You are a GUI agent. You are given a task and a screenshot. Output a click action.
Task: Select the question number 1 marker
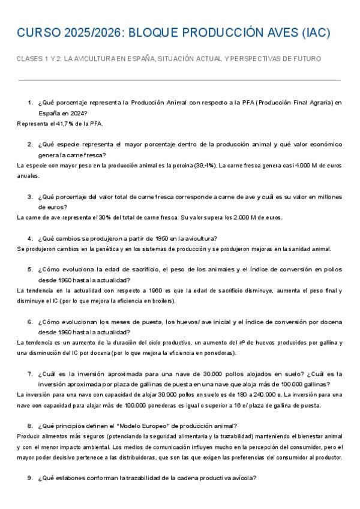click(x=30, y=103)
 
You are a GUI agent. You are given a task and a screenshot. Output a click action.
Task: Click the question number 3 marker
click(x=30, y=196)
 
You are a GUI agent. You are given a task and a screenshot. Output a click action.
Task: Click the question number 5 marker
click(x=30, y=270)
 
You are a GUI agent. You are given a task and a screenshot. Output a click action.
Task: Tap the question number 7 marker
click(x=30, y=374)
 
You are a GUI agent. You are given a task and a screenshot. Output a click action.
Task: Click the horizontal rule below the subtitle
click(x=180, y=79)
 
